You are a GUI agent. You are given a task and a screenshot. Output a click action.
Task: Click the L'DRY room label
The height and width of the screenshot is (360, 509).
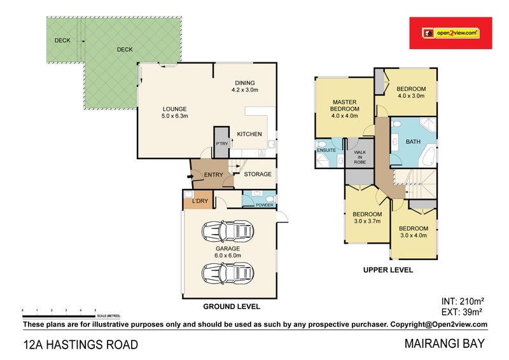(200, 202)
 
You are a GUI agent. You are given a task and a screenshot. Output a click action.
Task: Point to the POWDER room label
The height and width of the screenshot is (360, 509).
(264, 205)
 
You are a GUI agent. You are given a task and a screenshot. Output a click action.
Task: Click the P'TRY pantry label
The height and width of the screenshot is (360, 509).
(221, 144)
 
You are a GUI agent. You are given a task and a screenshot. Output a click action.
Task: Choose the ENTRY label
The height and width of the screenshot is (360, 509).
(213, 174)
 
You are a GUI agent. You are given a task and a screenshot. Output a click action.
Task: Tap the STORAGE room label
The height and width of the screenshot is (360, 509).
(258, 174)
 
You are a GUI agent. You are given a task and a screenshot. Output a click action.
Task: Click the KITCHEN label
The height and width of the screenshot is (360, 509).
(250, 134)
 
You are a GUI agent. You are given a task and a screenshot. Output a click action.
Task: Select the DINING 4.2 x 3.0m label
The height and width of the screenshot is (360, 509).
(244, 87)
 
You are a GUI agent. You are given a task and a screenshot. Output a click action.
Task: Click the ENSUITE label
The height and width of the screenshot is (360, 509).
(326, 150)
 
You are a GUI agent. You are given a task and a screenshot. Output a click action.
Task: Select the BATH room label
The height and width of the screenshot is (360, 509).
(413, 142)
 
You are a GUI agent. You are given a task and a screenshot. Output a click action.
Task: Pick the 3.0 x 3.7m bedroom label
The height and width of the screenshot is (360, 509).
(367, 218)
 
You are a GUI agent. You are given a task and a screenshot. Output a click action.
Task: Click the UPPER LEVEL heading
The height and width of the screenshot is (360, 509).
(387, 270)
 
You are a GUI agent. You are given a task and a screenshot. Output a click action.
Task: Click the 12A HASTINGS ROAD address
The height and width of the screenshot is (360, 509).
(80, 345)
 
